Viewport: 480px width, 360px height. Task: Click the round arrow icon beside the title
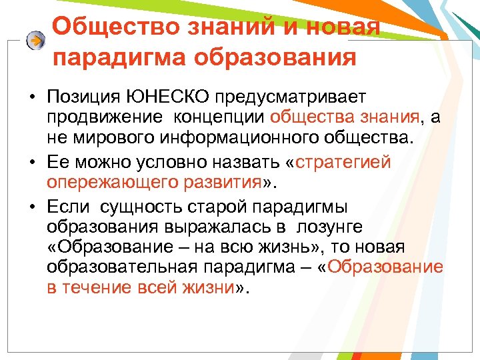[35, 40]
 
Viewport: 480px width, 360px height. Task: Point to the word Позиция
[83, 98]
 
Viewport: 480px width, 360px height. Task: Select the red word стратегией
[343, 162]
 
